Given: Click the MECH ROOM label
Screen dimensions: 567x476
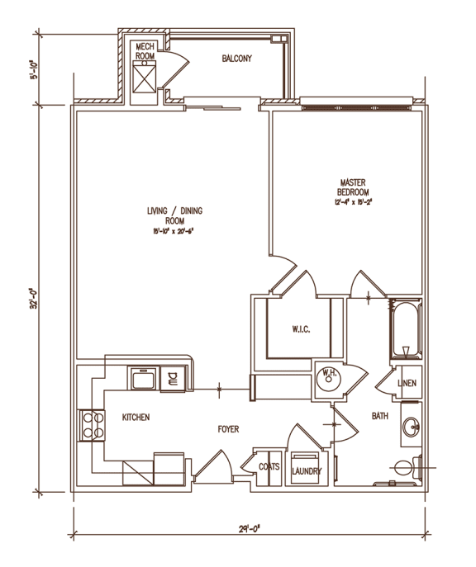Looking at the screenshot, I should point(145,52).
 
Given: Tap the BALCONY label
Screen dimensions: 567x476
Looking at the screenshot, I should point(237,59).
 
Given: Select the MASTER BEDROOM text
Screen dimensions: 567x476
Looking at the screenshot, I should point(353,186).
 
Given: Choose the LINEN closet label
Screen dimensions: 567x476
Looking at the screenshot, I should point(407,384).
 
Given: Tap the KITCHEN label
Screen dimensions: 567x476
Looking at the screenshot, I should point(136,418).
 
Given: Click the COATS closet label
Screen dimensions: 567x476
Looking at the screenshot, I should point(269,467).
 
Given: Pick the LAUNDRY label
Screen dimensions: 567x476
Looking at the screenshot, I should point(306,471).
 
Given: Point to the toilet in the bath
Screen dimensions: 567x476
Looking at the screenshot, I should point(407,468).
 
